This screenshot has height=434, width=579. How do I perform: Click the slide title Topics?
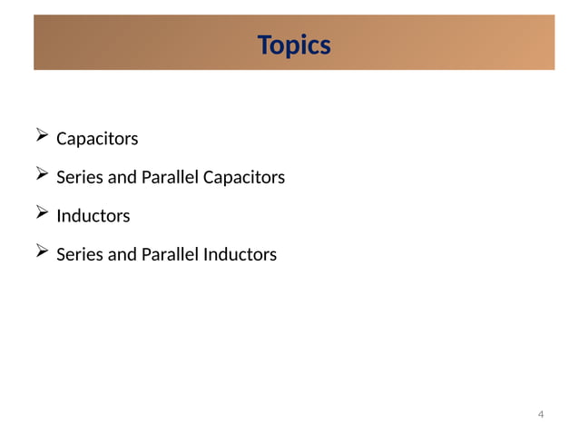point(294,44)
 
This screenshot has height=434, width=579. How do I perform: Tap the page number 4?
point(541,415)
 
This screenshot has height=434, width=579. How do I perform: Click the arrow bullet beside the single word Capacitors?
point(42,137)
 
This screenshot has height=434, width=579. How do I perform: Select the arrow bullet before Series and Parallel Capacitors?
point(42,175)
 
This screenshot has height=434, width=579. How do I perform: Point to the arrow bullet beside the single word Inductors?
point(42,214)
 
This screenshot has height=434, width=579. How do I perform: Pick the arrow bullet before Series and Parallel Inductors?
point(42,252)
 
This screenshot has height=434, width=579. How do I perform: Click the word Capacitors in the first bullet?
point(97,139)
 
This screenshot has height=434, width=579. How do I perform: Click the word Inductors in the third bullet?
point(93,216)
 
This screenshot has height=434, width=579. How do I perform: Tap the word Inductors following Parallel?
point(240,254)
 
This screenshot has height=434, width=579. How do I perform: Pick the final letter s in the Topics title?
point(325,45)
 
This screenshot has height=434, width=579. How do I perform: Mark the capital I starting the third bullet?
point(59,216)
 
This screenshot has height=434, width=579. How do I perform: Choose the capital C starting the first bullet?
point(62,139)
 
